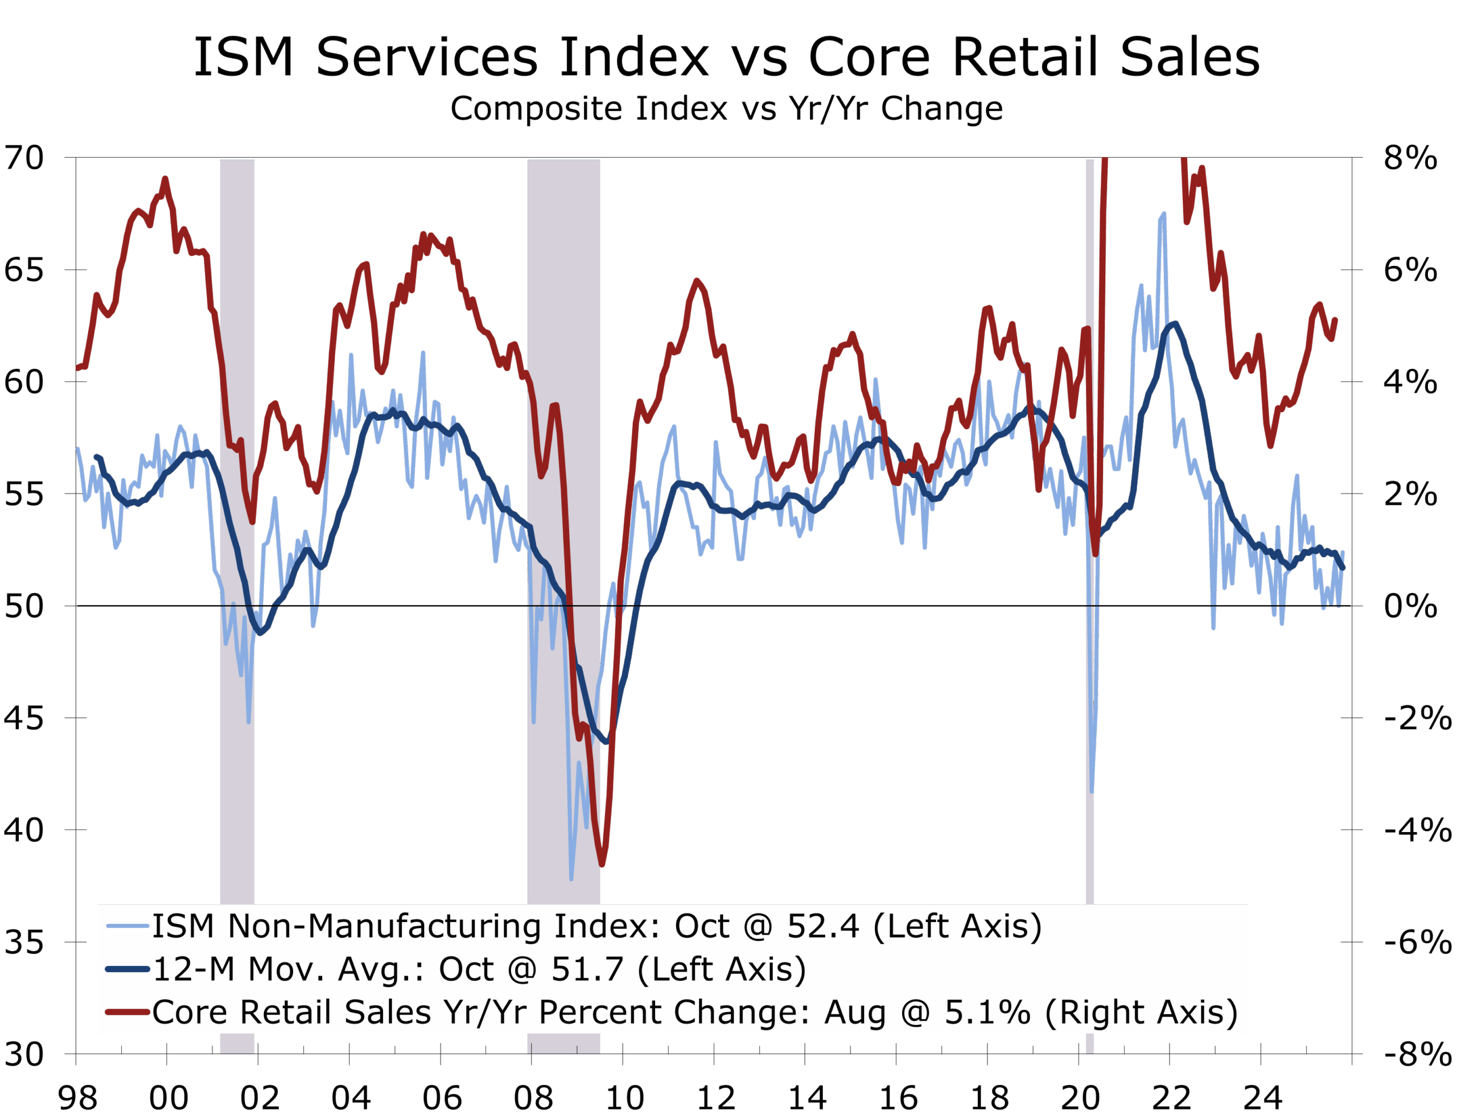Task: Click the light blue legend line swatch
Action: tap(126, 926)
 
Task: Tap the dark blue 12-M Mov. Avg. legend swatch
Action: tap(126, 969)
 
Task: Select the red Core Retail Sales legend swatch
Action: tap(126, 1013)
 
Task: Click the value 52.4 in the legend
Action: tap(823, 926)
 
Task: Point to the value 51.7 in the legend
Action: tap(587, 969)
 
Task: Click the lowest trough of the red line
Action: tap(603, 865)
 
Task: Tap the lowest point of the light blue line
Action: tap(571, 879)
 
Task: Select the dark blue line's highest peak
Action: tap(1175, 324)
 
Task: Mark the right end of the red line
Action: tap(1336, 319)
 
